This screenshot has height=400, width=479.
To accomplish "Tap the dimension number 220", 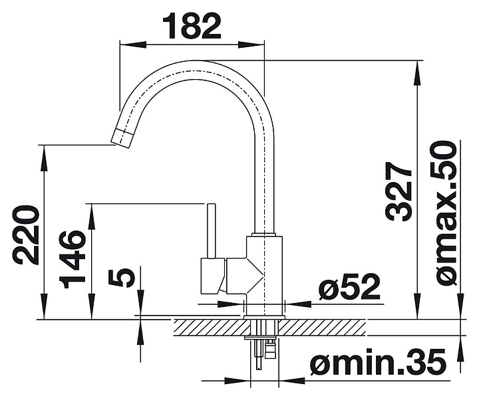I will click(x=27, y=235).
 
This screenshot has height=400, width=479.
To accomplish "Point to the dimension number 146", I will click(x=73, y=259).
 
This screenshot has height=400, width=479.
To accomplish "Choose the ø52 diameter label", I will click(x=349, y=288).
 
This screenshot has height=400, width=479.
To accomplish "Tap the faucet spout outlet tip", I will click(x=122, y=138).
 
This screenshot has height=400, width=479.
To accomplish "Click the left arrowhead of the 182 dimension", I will click(x=124, y=45).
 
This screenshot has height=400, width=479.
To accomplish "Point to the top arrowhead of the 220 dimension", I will click(x=44, y=150).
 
